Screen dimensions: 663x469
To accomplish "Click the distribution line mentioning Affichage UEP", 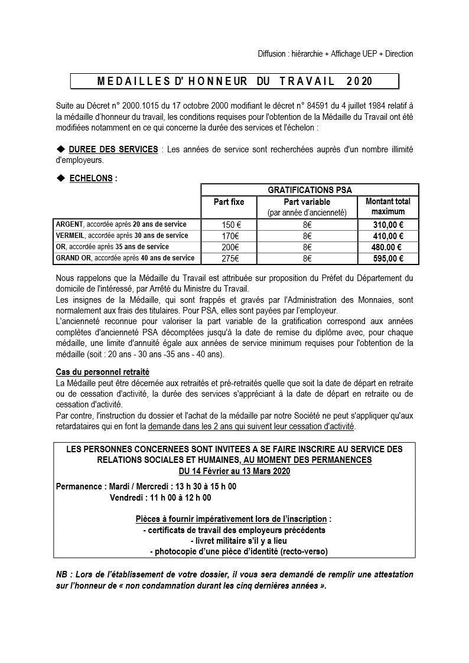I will (x=335, y=54).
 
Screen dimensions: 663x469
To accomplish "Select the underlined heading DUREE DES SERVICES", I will (x=113, y=149).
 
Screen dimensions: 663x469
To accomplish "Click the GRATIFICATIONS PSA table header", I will (x=310, y=190).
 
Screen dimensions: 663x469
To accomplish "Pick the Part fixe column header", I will (x=229, y=202).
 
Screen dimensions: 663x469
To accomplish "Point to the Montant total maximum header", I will (x=387, y=207).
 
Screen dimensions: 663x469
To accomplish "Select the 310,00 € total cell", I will (x=387, y=225).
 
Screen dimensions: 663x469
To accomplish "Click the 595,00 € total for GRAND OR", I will (x=387, y=259).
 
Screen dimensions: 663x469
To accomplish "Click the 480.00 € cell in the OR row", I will (x=387, y=247).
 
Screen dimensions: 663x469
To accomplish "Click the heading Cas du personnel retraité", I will (x=102, y=372).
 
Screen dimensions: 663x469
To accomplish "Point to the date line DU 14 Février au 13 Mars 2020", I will (x=234, y=471).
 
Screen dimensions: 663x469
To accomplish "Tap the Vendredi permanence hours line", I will (x=161, y=498).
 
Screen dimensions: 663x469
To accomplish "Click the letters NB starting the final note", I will (x=61, y=574).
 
